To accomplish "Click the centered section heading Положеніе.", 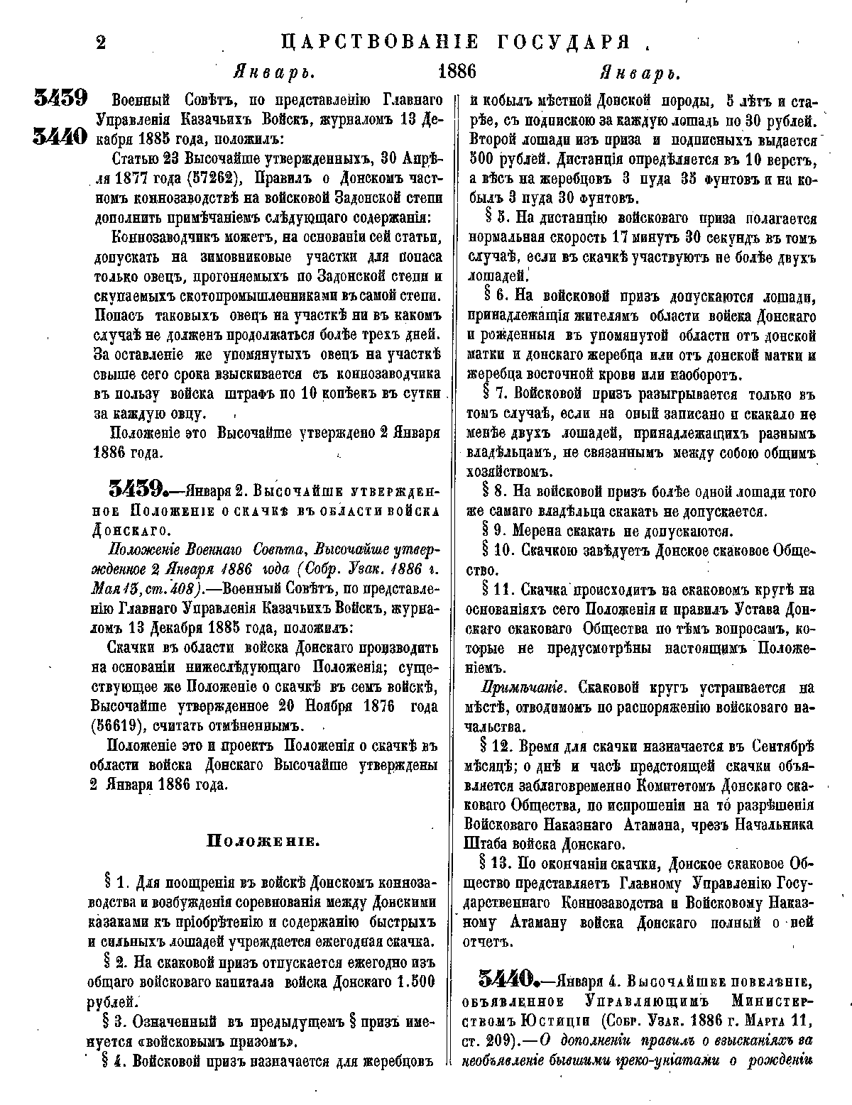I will (262, 842).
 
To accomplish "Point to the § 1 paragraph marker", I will (116, 884).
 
